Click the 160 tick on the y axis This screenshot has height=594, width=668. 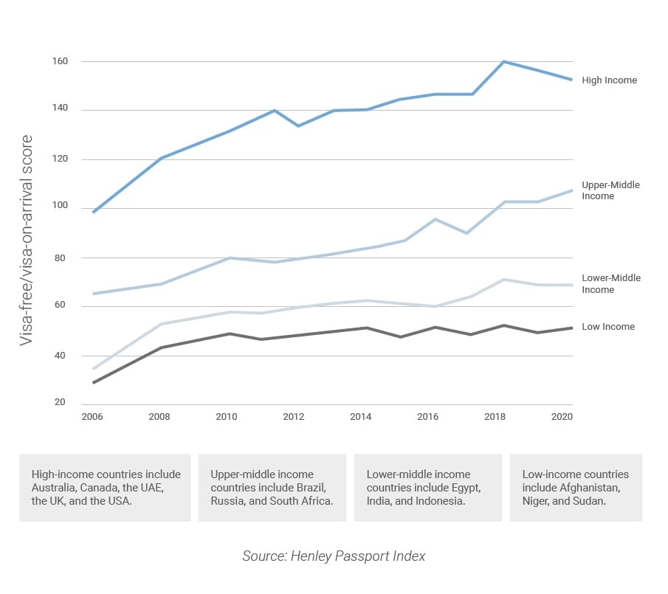[x=60, y=61]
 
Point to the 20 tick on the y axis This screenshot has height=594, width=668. [x=60, y=403]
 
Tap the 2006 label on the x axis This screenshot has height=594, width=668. [x=92, y=417]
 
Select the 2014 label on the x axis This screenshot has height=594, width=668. [x=360, y=417]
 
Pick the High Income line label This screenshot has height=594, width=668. [x=609, y=80]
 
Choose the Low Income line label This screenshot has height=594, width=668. [x=607, y=326]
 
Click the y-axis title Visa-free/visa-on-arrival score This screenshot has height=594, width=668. [x=27, y=240]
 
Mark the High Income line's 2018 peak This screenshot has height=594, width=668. [x=503, y=61]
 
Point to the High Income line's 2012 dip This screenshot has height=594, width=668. [x=298, y=125]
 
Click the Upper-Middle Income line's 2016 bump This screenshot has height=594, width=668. [x=435, y=219]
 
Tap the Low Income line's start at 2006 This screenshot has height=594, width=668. [x=94, y=382]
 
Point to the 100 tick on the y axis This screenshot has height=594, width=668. [x=60, y=207]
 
